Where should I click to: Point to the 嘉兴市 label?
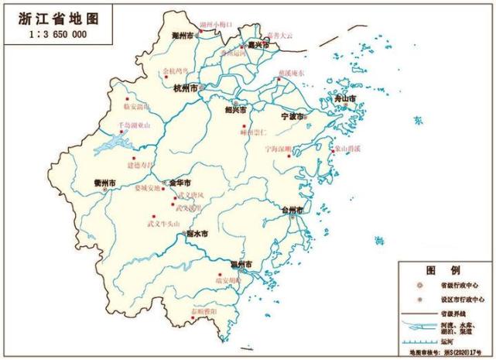[x=256, y=46]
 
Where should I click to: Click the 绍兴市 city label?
[x=235, y=111]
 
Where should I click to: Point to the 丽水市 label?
[x=197, y=233]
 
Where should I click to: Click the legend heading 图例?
[x=445, y=271]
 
